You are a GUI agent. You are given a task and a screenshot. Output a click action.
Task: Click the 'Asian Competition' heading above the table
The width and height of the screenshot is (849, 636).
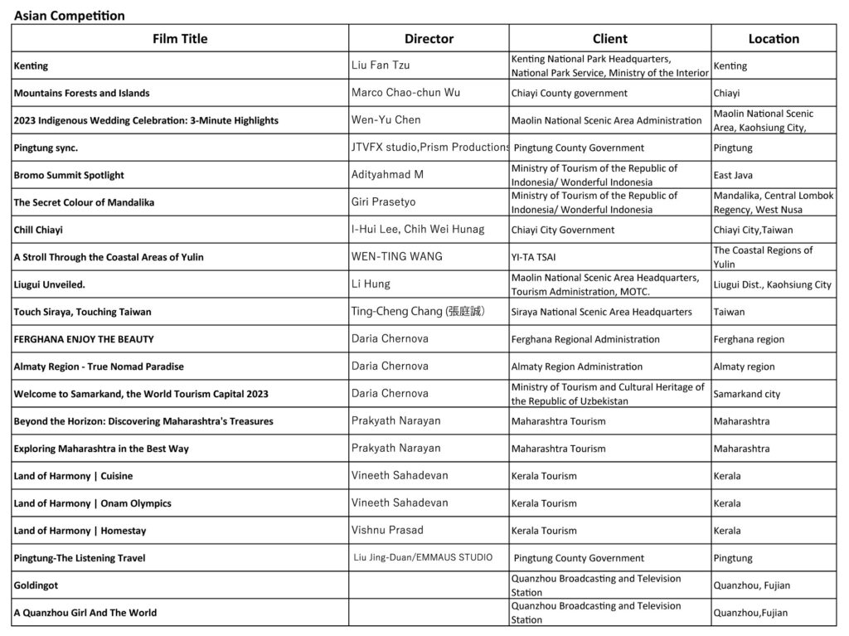[x=70, y=16]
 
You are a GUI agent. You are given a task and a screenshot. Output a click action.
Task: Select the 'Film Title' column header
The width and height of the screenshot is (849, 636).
[x=180, y=39]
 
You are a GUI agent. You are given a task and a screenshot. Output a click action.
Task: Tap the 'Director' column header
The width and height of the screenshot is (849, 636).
[x=429, y=39]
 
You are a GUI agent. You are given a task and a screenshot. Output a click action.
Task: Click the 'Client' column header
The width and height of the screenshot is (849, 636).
[x=609, y=39]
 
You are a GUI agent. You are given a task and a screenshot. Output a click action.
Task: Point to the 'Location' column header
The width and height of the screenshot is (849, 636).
[x=774, y=39]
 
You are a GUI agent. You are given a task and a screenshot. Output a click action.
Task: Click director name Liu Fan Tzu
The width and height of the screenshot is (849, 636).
[x=381, y=65]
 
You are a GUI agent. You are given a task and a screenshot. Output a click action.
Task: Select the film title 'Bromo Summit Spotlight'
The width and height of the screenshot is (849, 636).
[x=69, y=175]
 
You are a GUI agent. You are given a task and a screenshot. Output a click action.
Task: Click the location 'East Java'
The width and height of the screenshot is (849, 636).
[x=735, y=175]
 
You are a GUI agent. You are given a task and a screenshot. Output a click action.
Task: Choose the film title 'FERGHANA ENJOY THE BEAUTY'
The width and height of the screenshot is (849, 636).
[x=84, y=339]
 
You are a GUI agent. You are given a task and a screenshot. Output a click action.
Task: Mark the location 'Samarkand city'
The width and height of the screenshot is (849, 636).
[x=747, y=394]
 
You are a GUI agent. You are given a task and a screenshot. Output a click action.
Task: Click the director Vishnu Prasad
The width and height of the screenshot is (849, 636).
[x=387, y=530]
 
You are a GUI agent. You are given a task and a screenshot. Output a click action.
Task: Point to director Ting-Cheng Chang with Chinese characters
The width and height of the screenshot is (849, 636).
[x=418, y=312]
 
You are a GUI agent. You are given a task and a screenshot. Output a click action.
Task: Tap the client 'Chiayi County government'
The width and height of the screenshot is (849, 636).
[x=570, y=93]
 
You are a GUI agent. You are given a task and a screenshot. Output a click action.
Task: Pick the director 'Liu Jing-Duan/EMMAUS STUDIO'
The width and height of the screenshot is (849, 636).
[x=423, y=557]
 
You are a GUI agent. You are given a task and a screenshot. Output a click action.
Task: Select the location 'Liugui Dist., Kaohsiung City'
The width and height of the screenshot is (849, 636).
[x=772, y=284]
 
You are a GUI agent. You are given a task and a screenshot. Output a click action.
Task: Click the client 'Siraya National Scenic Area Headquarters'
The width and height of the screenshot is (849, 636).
[x=602, y=312]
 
